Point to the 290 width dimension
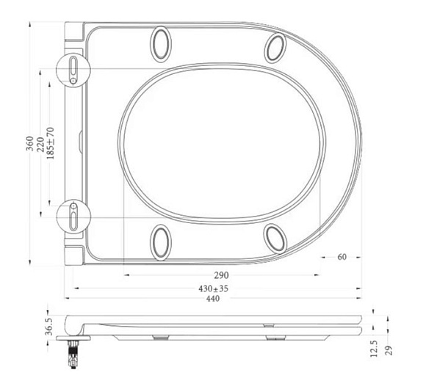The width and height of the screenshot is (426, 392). pyautogui.click(x=221, y=275)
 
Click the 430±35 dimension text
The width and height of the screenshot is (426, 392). pyautogui.click(x=213, y=288)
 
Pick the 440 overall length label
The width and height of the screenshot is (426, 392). pyautogui.click(x=213, y=299)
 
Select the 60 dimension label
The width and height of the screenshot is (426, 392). pyautogui.click(x=342, y=257)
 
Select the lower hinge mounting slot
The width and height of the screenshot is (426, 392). pyautogui.click(x=74, y=216)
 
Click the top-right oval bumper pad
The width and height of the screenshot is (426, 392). pyautogui.click(x=276, y=48)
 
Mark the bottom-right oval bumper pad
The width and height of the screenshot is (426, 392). pyautogui.click(x=276, y=237)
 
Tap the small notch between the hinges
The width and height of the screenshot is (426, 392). pyautogui.click(x=79, y=136)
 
